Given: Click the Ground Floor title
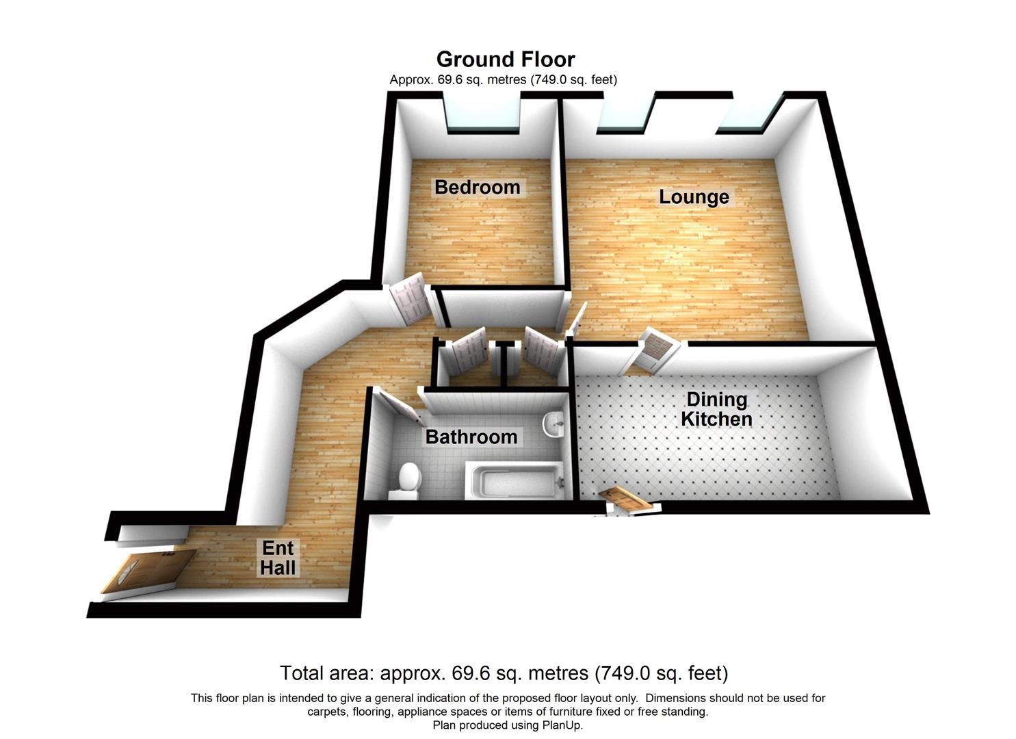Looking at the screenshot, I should point(506,59).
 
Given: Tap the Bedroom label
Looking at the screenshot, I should point(477,187).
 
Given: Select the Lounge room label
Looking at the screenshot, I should point(694,197).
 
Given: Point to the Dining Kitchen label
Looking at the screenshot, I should point(716,409).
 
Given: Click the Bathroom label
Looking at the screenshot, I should point(471,437).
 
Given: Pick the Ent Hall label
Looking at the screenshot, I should point(278,558).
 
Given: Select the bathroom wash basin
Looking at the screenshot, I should point(553,424).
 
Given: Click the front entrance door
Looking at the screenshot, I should point(147,569).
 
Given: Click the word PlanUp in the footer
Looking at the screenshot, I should point(560,725).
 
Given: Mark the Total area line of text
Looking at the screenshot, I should point(504,673).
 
